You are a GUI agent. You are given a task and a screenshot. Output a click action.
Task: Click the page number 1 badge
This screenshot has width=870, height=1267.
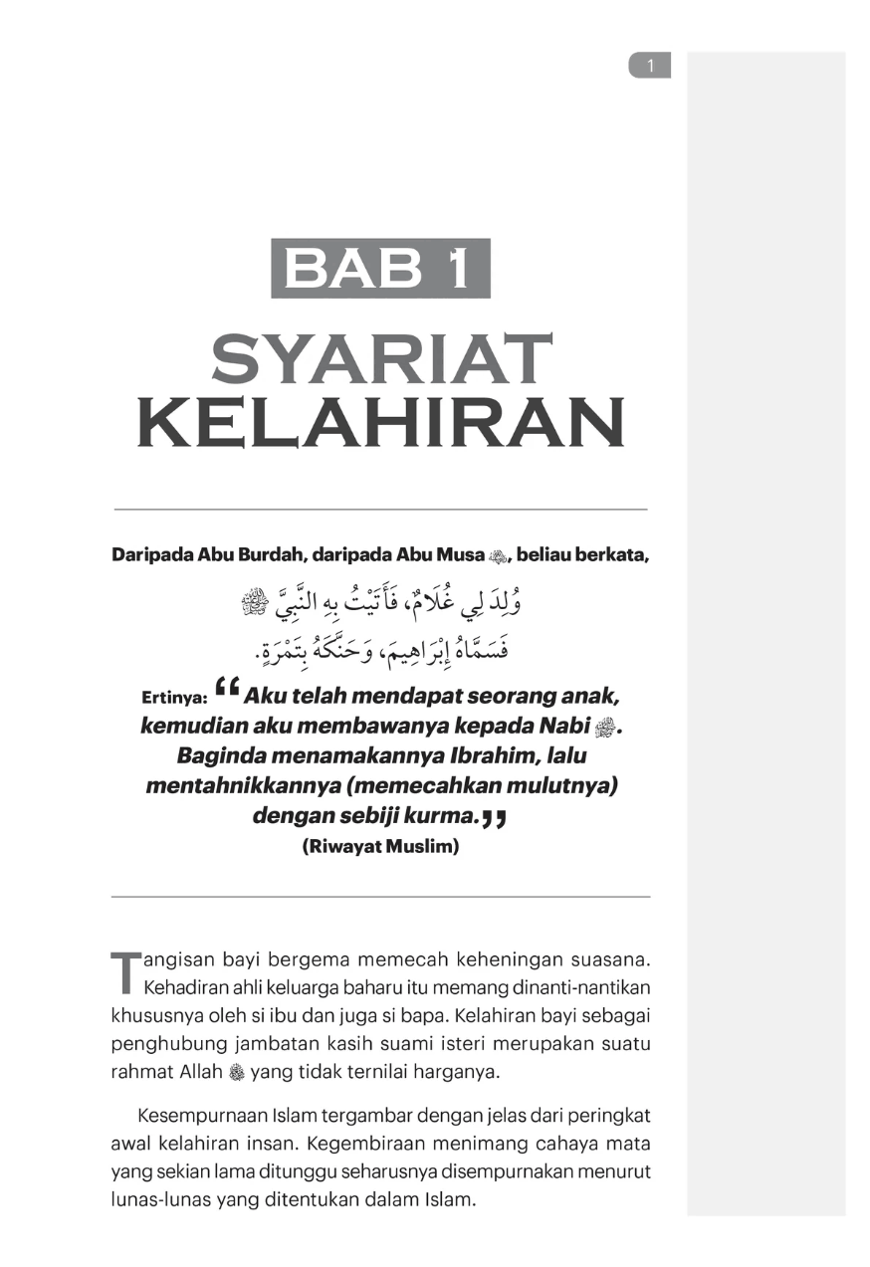tap(650, 66)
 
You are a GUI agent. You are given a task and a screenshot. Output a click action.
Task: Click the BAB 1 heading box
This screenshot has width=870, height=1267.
tap(380, 269)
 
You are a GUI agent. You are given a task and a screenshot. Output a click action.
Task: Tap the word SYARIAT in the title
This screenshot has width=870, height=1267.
tap(381, 360)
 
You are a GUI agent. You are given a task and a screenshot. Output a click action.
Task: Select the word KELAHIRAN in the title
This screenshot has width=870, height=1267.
tap(381, 422)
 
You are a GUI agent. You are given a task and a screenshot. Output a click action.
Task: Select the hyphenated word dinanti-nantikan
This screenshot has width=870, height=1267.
tap(583, 988)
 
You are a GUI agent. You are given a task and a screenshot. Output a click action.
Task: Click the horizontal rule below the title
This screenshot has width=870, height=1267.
tap(380, 510)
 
